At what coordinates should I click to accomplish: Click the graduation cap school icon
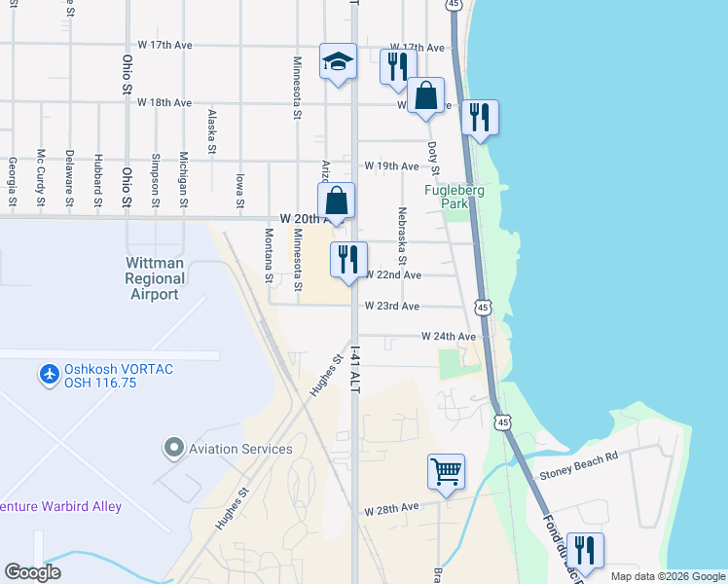339,62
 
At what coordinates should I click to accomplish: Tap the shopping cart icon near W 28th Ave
446,472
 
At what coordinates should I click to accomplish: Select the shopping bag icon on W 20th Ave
336,201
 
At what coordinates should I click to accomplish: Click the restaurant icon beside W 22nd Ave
348,260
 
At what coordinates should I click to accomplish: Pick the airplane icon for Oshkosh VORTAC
49,375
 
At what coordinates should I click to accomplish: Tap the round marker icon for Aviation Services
174,448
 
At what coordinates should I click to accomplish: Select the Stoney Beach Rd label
578,478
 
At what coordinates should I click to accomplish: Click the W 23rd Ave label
391,307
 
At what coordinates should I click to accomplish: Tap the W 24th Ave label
449,336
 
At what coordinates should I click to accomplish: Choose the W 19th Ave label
390,166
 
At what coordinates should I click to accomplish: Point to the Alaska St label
211,131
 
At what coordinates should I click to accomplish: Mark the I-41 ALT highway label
355,370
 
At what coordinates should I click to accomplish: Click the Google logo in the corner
34,571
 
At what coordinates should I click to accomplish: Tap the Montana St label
269,255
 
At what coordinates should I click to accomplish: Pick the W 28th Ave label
391,508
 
